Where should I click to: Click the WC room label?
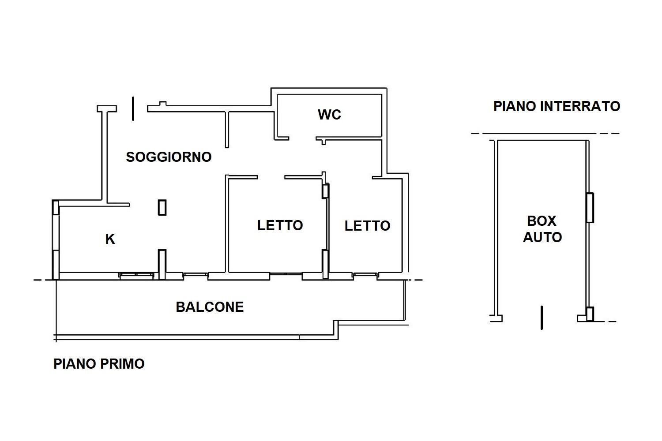pyautogui.click(x=329, y=115)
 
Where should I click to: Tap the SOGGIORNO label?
pyautogui.click(x=169, y=157)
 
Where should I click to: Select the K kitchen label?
pyautogui.click(x=110, y=239)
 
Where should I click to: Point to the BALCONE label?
pyautogui.click(x=210, y=307)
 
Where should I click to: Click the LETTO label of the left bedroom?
pyautogui.click(x=280, y=225)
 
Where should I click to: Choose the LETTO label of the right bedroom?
pyautogui.click(x=367, y=226)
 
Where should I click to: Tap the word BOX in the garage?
pyautogui.click(x=542, y=221)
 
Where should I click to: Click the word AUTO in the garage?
pyautogui.click(x=542, y=237)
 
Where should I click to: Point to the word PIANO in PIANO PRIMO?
pyautogui.click(x=75, y=364)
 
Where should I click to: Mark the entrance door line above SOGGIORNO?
pyautogui.click(x=133, y=108)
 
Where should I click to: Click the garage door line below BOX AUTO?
pyautogui.click(x=542, y=318)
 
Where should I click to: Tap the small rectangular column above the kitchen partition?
pyautogui.click(x=162, y=208)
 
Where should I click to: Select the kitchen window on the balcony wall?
pyautogui.click(x=136, y=276)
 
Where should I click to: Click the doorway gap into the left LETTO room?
pyautogui.click(x=271, y=177)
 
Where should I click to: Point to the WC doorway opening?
pyautogui.click(x=302, y=138)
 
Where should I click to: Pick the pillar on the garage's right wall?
pyautogui.click(x=590, y=208)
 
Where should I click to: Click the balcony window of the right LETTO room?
pyautogui.click(x=365, y=276)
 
